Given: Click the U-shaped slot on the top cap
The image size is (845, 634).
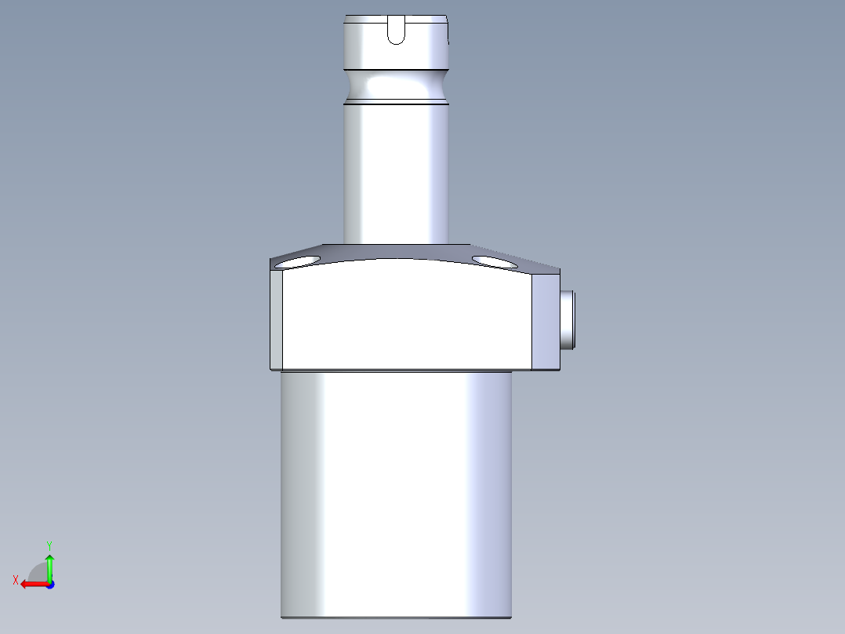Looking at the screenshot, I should tap(397, 31).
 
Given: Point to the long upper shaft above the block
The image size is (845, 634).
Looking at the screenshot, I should tap(397, 173).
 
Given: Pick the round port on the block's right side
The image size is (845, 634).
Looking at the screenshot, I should tap(568, 319).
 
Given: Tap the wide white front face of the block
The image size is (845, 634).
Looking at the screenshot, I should tap(408, 318).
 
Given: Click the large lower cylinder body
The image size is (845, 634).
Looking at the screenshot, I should tap(397, 494).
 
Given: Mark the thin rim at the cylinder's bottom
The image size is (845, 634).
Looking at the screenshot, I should tap(397, 617).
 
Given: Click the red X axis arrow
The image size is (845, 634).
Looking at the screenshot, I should tap(31, 584).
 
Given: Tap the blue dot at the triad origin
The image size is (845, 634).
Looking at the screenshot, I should tap(49, 585).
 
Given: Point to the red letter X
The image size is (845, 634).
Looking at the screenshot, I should tap(16, 580).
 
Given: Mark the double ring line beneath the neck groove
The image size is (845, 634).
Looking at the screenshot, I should tap(397, 102).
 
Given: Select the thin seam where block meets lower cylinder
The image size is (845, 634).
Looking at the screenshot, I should tap(397, 370).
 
